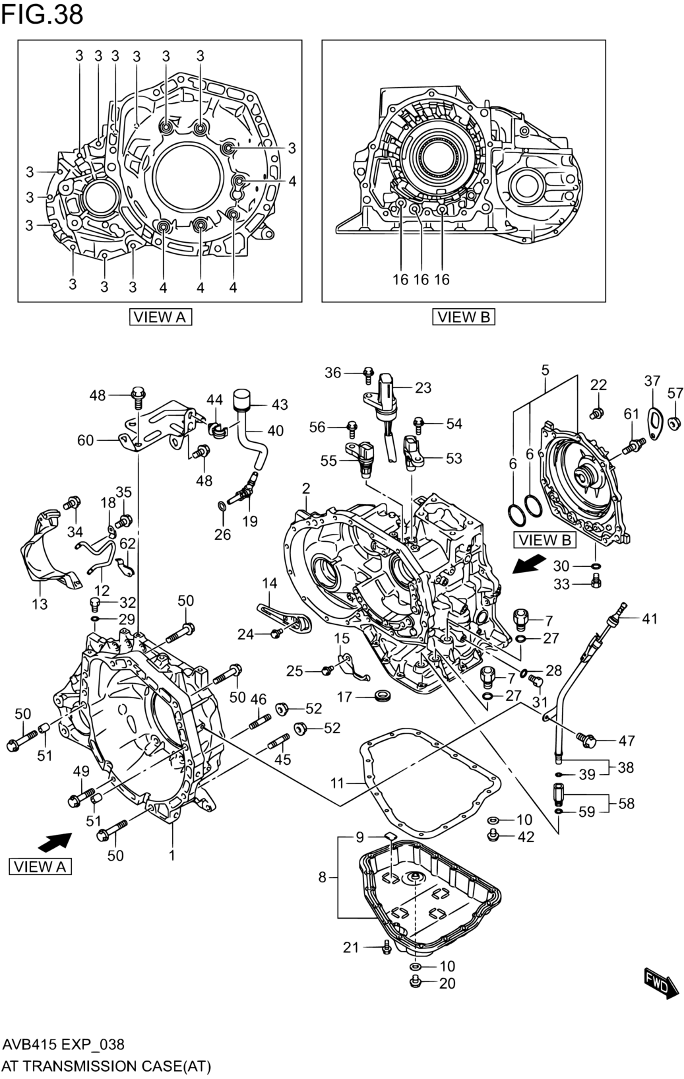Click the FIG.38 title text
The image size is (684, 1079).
pos(42,15)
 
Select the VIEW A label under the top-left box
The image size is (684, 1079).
pos(160,317)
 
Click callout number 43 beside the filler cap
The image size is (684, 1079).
pos(280,405)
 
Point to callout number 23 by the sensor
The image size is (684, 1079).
pos(423,388)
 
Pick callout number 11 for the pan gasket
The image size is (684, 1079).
pos(338,784)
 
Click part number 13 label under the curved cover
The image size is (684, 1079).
pos(40,604)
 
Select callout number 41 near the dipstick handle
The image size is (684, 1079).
pos(649,618)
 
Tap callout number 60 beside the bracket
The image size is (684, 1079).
pos(86,440)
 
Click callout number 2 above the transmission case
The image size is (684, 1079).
pos(306,488)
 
